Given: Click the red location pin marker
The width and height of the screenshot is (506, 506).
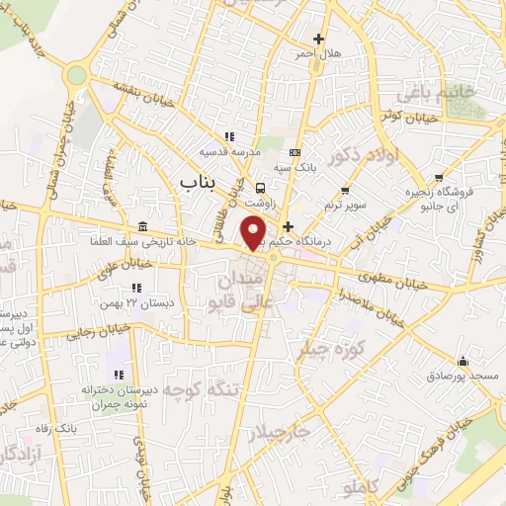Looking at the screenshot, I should [254, 233].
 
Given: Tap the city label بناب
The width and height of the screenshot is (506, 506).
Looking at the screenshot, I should [200, 182].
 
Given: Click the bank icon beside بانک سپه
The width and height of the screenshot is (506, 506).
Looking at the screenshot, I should [295, 152].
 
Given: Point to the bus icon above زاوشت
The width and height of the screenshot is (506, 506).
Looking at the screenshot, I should [260, 187].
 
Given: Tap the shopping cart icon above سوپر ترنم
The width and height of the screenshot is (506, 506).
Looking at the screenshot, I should [345, 191].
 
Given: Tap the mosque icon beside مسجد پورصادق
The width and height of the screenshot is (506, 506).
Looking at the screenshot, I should [462, 361].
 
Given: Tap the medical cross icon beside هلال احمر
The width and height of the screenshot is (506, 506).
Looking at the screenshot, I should [318, 39].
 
